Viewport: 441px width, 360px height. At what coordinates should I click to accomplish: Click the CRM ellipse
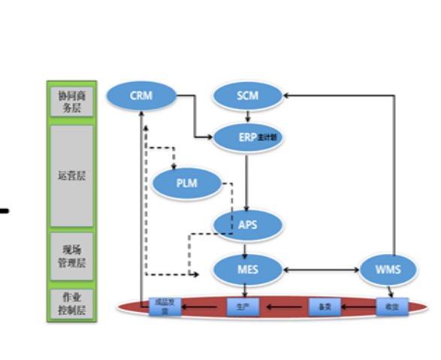[x=141, y=95]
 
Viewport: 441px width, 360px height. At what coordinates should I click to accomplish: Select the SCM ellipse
[x=247, y=95]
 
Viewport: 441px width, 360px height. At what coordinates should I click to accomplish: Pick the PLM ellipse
[x=186, y=182]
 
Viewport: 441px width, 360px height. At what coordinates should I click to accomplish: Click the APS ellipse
[x=247, y=224]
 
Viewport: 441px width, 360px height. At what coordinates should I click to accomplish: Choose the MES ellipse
[x=248, y=268]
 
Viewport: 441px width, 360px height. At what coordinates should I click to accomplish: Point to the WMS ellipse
[x=387, y=268]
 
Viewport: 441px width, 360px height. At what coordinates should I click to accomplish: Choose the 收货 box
[x=391, y=306]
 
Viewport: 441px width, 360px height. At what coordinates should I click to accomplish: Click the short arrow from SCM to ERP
[x=248, y=116]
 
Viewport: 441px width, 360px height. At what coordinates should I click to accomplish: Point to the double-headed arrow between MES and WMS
[x=320, y=269]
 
